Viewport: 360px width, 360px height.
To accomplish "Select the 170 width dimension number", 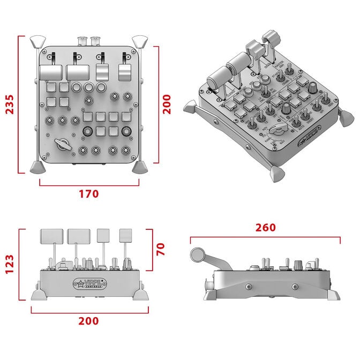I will pyautogui.click(x=88, y=193).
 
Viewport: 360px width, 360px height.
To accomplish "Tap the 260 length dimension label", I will pyautogui.click(x=265, y=227).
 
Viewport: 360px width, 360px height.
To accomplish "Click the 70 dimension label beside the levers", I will pyautogui.click(x=161, y=248).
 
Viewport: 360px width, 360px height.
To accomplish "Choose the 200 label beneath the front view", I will pyautogui.click(x=88, y=321).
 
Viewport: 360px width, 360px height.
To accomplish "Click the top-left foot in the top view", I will pyautogui.click(x=38, y=41).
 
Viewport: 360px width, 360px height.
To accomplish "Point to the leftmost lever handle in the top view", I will pyautogui.click(x=49, y=71).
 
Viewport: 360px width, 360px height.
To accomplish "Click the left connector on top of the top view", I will pyautogui.click(x=82, y=41).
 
